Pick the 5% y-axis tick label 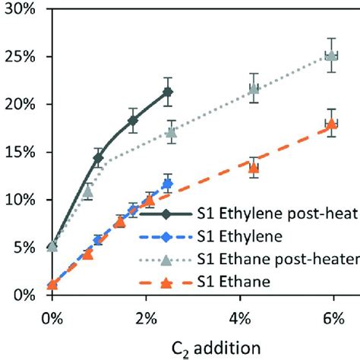coord(23,248)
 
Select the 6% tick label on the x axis coord(332,312)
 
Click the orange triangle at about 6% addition coord(330,124)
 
